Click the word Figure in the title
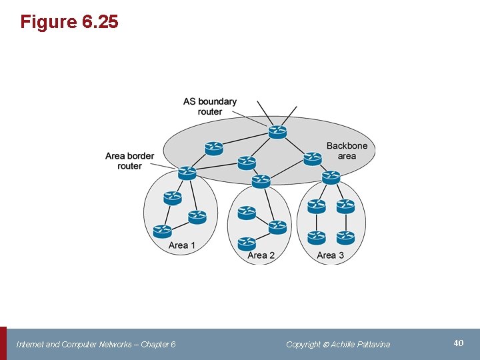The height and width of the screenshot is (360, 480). [49, 22]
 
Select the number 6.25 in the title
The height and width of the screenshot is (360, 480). [100, 22]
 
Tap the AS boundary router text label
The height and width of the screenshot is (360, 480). [210, 106]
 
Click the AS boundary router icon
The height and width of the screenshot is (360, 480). [277, 131]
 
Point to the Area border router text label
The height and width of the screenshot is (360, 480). [129, 161]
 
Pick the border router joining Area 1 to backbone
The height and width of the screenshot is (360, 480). [187, 173]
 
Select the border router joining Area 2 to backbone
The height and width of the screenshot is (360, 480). [261, 181]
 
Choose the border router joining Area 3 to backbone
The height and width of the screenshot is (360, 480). [331, 177]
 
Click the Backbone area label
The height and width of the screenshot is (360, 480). [347, 151]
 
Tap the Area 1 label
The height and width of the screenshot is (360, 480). [182, 245]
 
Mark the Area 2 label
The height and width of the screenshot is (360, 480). [261, 255]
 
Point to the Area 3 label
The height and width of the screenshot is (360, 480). [331, 255]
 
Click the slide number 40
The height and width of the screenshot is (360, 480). [458, 343]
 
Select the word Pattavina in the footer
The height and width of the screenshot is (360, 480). [370, 344]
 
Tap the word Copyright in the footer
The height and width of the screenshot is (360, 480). [303, 344]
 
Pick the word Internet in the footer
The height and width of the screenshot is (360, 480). [29, 344]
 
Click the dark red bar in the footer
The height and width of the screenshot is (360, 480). [3, 343]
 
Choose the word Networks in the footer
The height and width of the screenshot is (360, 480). [115, 344]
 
